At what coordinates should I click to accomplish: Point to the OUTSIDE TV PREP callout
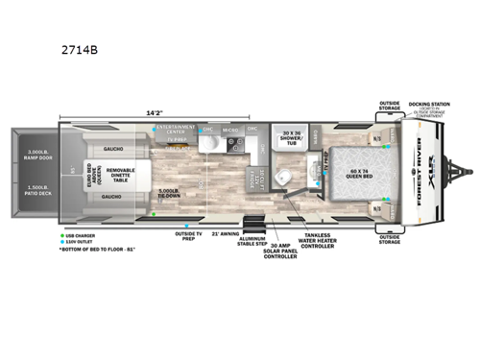click(x=188, y=234)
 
